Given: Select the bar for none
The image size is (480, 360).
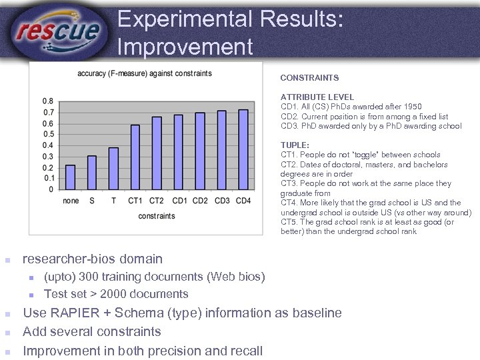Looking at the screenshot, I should tap(71, 177).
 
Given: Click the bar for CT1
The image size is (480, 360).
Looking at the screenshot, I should tap(135, 157).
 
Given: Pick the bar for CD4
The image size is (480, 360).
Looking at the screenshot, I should tap(243, 150).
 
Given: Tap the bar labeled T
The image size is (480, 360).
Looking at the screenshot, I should tap(113, 169).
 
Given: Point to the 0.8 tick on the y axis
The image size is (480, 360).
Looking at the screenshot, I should tap(48, 101).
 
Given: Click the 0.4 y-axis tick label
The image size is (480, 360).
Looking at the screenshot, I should tap(48, 145).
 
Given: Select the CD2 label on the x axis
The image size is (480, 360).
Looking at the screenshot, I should tap(200, 201).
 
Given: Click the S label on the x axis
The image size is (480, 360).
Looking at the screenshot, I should tap(92, 201).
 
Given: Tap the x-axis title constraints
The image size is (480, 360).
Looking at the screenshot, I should tap(157, 216).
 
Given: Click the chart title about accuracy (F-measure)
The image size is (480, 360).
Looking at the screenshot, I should tap(145, 73).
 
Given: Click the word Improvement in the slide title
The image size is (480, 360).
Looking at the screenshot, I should tap(185, 47).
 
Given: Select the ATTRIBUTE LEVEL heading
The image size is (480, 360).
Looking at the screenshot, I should tap(317, 97).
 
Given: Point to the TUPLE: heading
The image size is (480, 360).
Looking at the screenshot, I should tap(295, 145).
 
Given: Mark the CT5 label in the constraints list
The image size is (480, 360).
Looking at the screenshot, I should tap(289, 222).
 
